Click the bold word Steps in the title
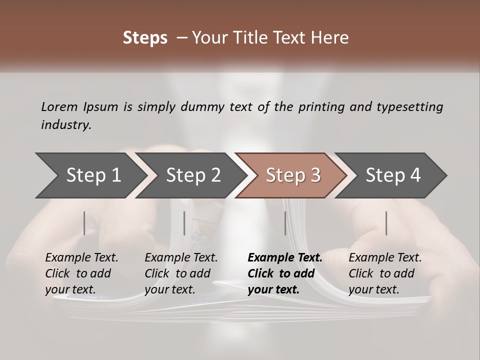pyautogui.click(x=145, y=38)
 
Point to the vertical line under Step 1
pyautogui.click(x=84, y=223)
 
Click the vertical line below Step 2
pyautogui.click(x=184, y=223)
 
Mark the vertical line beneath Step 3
pyautogui.click(x=285, y=223)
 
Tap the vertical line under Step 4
pyautogui.click(x=386, y=223)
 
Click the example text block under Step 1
pyautogui.click(x=81, y=273)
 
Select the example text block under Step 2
pyautogui.click(x=181, y=273)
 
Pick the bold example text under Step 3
pyautogui.click(x=285, y=273)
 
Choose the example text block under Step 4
pyautogui.click(x=385, y=273)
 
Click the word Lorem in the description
pyautogui.click(x=59, y=106)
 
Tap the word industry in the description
pyautogui.click(x=65, y=124)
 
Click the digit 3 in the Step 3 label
pyautogui.click(x=315, y=175)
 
